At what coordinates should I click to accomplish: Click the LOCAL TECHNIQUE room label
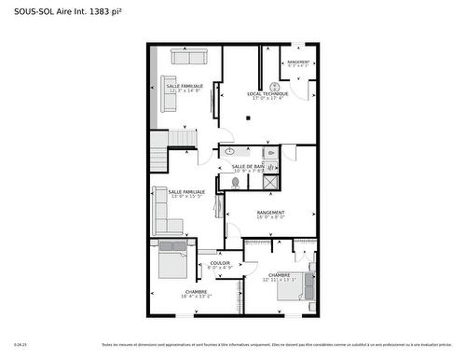coord(267,93)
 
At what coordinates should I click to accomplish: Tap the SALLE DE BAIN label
coord(248,166)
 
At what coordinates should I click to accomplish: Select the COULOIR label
coord(220,263)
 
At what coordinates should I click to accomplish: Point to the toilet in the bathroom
coord(235,183)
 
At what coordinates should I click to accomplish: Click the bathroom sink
coord(229,150)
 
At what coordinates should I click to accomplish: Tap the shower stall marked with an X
coord(270,181)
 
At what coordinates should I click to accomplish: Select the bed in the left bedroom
coord(174,263)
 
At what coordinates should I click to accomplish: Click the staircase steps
coord(182,139)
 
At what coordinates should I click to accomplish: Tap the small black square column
coord(248,118)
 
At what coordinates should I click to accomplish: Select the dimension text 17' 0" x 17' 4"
coord(267,98)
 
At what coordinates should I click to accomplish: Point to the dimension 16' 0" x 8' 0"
coord(271,217)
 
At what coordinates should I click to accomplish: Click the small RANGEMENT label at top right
coord(298,62)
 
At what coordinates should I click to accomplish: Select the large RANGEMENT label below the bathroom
coord(271,213)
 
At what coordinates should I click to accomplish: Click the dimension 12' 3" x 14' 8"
coord(185,90)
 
